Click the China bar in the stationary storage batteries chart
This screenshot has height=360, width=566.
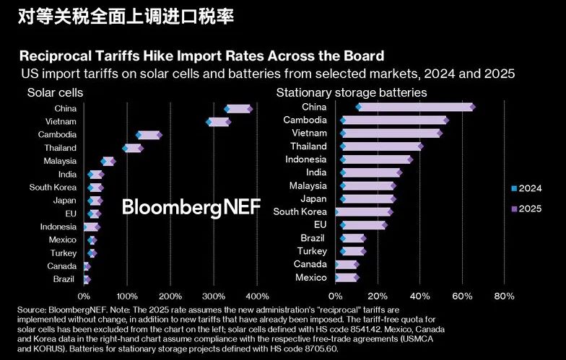pyautogui.click(x=415, y=107)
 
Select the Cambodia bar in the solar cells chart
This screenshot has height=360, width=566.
pyautogui.click(x=149, y=135)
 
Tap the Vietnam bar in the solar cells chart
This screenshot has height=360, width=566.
pyautogui.click(x=218, y=122)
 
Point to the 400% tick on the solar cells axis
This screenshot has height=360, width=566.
pyautogui.click(x=257, y=296)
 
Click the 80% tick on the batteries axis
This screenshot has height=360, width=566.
pyautogui.click(x=504, y=296)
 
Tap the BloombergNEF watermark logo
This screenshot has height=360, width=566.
pyautogui.click(x=191, y=207)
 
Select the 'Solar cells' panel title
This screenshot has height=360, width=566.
pyautogui.click(x=55, y=93)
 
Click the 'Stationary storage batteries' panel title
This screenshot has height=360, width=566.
pyautogui.click(x=352, y=93)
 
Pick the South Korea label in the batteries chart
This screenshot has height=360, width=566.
pyautogui.click(x=300, y=212)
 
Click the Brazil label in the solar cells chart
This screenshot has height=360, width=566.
pyautogui.click(x=65, y=279)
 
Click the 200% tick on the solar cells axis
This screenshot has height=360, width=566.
pyautogui.click(x=170, y=296)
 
